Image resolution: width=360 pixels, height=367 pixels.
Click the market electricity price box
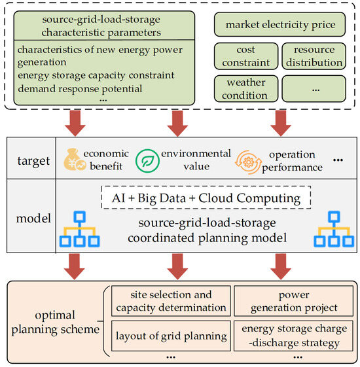pos(279,25)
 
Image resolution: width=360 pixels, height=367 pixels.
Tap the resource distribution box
pos(313,57)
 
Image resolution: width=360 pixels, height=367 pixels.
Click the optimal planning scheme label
pos(56,319)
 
